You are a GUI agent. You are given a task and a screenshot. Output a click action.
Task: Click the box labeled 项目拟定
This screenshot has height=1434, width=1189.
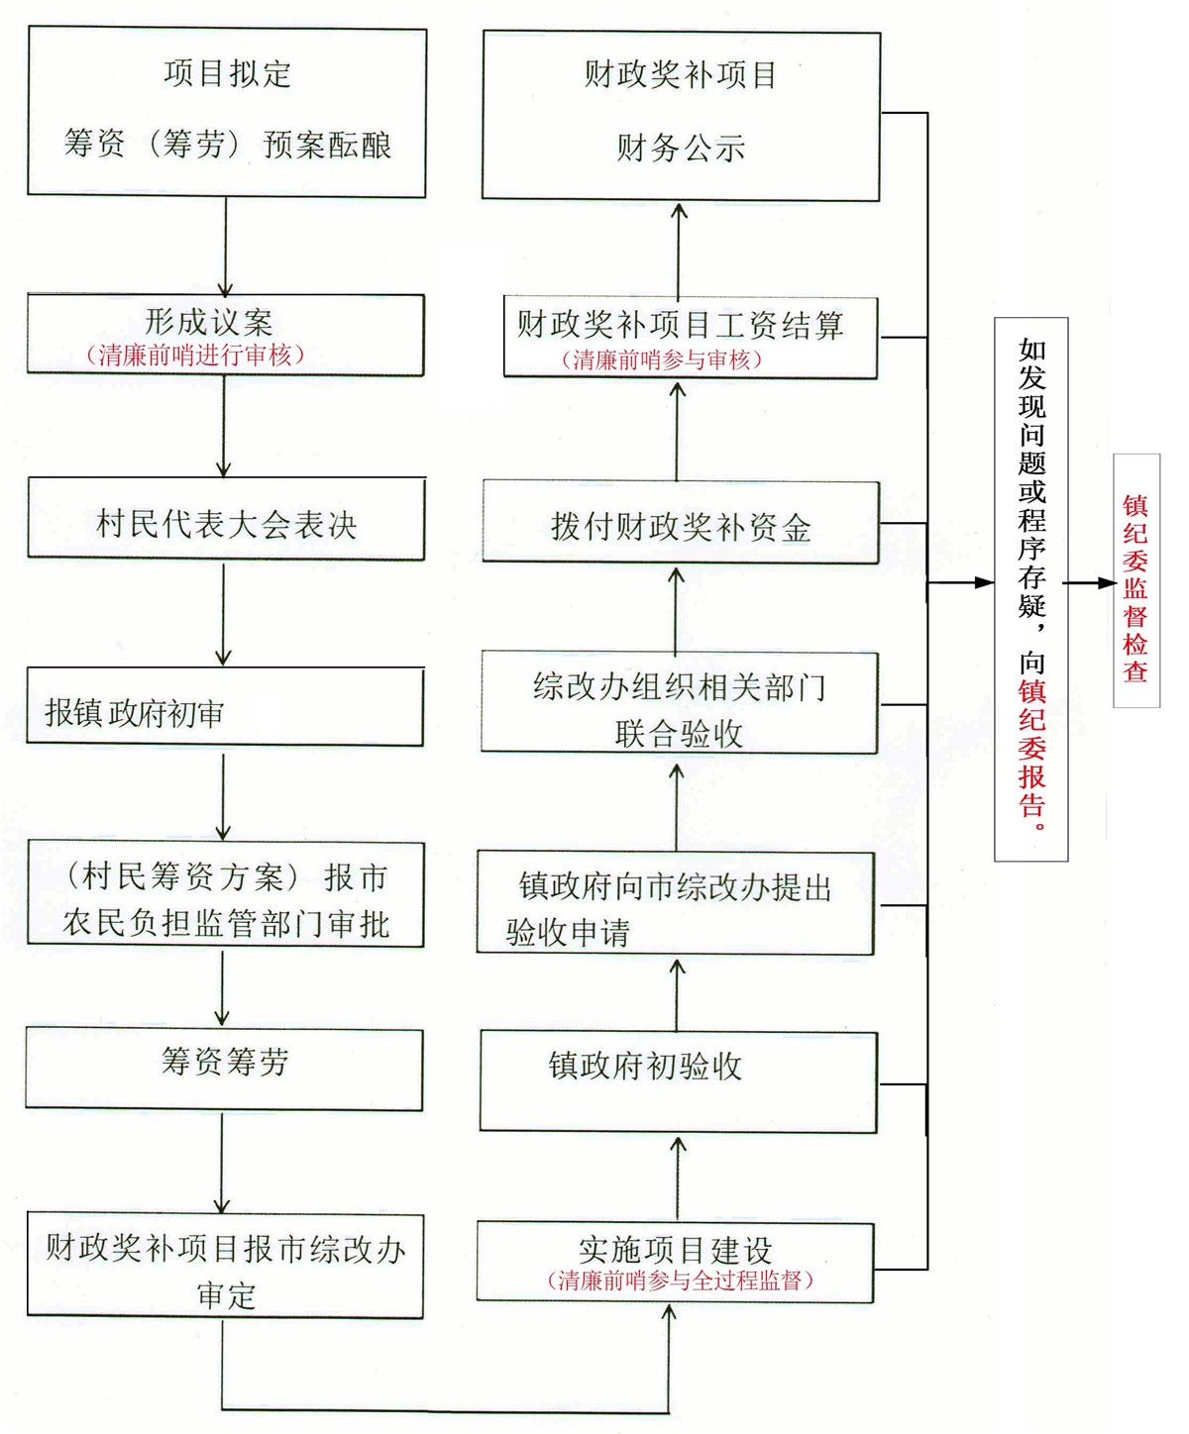coord(227,112)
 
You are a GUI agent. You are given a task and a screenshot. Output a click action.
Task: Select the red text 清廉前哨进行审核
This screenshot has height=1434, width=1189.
coord(195,356)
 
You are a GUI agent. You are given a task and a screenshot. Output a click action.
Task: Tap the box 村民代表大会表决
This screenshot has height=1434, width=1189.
coord(226,519)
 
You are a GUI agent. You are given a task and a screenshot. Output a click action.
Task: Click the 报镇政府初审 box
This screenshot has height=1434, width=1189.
coord(225,707)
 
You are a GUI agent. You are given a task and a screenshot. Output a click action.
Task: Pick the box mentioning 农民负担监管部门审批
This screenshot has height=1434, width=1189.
coord(226,895)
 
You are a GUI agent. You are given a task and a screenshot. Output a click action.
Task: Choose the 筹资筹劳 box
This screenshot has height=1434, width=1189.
coord(224,1069)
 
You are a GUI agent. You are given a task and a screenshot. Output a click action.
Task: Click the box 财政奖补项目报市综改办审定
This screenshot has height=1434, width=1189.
coord(226,1266)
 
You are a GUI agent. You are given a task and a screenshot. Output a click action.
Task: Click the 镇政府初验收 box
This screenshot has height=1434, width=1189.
coord(679,1082)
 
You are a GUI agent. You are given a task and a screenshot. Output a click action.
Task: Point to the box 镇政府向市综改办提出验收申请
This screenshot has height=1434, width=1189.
coord(676,903)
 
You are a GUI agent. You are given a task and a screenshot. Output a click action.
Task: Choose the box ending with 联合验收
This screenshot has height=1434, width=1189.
coord(680,702)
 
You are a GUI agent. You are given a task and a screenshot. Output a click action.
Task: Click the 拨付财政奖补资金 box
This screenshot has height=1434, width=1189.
coord(681,523)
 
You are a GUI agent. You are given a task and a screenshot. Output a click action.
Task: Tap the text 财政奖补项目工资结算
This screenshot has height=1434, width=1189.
coord(680,325)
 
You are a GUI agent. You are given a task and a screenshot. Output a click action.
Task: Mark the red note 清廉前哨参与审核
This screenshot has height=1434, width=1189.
coord(662,359)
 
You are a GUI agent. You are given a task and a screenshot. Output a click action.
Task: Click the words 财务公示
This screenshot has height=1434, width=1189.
coord(681,148)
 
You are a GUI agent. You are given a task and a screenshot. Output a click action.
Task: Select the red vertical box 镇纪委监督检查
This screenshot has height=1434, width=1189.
coord(1136,580)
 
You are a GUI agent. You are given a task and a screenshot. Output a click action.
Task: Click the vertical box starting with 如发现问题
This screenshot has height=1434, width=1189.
coord(1030,589)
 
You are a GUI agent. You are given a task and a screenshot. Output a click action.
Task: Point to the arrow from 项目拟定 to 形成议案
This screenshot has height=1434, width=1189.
coord(226,248)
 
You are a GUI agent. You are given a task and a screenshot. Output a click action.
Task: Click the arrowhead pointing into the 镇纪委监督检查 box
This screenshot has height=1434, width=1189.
coord(1107,583)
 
